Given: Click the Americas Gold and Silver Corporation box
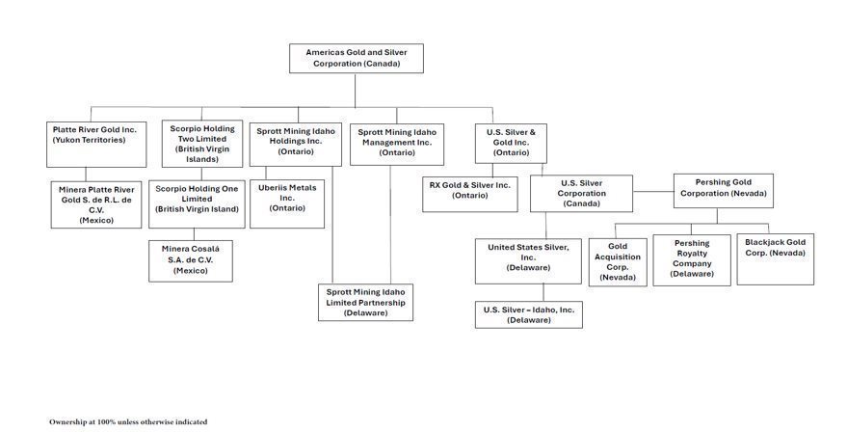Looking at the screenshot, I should coord(356,58).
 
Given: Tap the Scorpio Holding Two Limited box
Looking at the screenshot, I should coord(201,144).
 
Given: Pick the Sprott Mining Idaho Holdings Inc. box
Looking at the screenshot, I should coord(295,141).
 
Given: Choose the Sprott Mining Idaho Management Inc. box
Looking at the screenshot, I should coord(397,142).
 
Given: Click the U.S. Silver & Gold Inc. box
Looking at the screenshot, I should coord(511,142).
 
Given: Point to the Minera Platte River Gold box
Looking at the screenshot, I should coord(96,204).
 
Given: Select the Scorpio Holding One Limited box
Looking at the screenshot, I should coord(197,203).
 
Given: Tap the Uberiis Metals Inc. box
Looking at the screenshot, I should coord(287,202).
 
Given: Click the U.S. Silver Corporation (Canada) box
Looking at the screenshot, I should coord(581,193).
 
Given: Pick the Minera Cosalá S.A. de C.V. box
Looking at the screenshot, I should coord(191,260).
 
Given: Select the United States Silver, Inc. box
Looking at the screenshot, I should coord(528,261).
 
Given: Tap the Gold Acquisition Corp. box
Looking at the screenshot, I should coord(618,261).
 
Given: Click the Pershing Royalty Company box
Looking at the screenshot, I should coord(692,259).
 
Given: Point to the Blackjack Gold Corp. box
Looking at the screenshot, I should coord(775,258).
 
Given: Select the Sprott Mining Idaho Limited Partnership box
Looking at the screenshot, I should coord(365,302).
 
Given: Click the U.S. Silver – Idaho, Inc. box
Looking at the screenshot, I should coord(528,314).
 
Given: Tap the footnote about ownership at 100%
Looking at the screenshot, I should coord(128,421).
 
